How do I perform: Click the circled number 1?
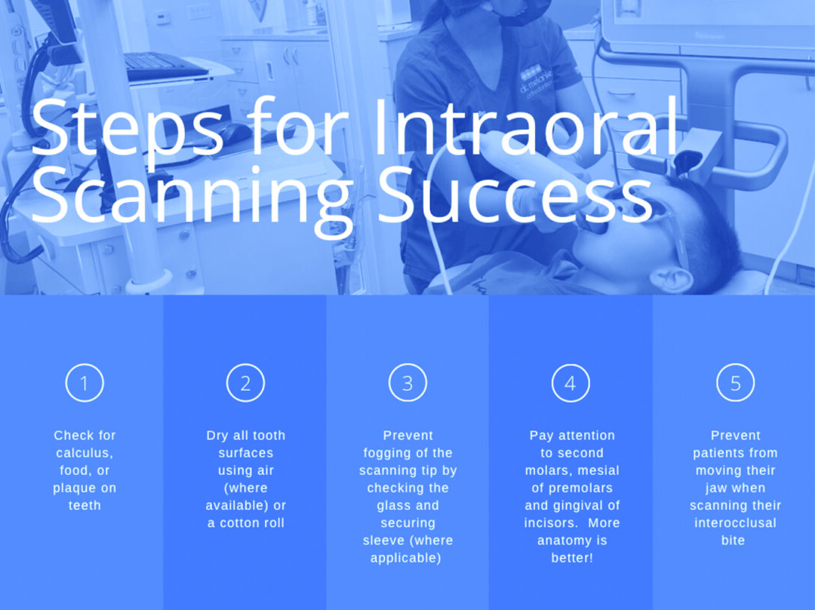(85, 383)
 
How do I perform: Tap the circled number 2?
(245, 383)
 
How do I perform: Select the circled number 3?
(407, 383)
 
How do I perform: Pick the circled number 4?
(570, 383)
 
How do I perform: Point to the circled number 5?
(735, 383)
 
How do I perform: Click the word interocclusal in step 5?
(735, 523)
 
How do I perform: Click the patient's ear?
(670, 280)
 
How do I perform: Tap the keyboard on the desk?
(166, 66)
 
